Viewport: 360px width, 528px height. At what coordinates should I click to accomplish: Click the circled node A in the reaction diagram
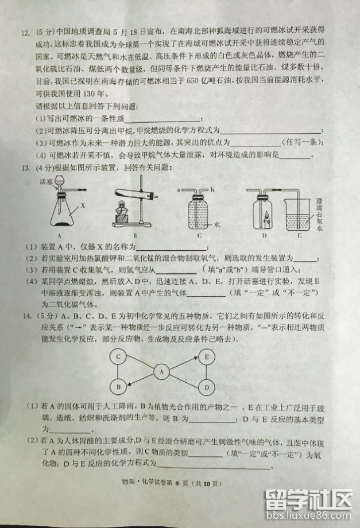click(x=162, y=372)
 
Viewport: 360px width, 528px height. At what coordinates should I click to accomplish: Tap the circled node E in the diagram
click(x=207, y=356)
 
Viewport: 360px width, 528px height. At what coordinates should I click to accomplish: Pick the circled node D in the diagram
click(x=207, y=388)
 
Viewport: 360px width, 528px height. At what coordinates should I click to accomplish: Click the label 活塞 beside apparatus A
click(x=46, y=181)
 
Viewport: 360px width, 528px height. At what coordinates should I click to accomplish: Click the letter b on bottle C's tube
click(x=212, y=188)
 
